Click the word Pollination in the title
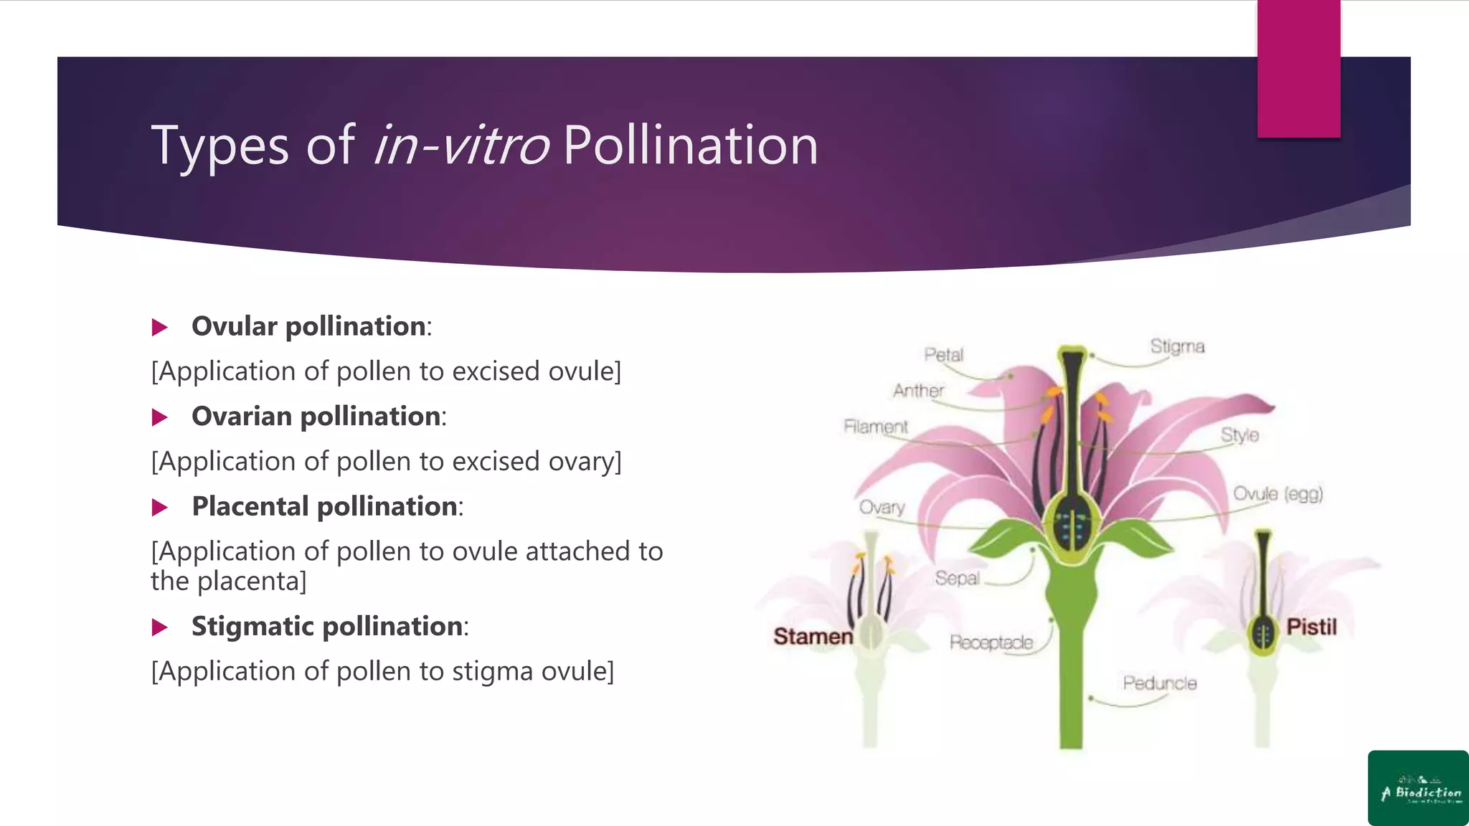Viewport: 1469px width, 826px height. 690,146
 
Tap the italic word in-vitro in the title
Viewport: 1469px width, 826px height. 461,146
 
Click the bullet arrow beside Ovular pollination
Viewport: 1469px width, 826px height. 160,328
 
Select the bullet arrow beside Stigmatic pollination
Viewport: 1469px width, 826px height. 160,627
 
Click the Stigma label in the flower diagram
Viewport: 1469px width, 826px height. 1177,346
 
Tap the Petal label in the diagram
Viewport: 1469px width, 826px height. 943,354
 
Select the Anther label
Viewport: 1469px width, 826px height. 918,391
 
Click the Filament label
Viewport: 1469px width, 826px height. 876,427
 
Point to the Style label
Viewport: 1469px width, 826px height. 1239,435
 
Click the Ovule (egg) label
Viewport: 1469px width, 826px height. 1277,493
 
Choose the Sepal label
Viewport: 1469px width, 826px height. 957,578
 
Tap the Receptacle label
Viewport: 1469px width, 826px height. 991,642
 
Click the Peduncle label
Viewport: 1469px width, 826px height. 1160,683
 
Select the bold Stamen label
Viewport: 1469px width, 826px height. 813,636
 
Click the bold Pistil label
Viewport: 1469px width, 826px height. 1311,627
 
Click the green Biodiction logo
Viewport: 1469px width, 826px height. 1418,788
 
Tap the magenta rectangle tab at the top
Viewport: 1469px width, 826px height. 1298,69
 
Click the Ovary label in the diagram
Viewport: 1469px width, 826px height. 882,507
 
